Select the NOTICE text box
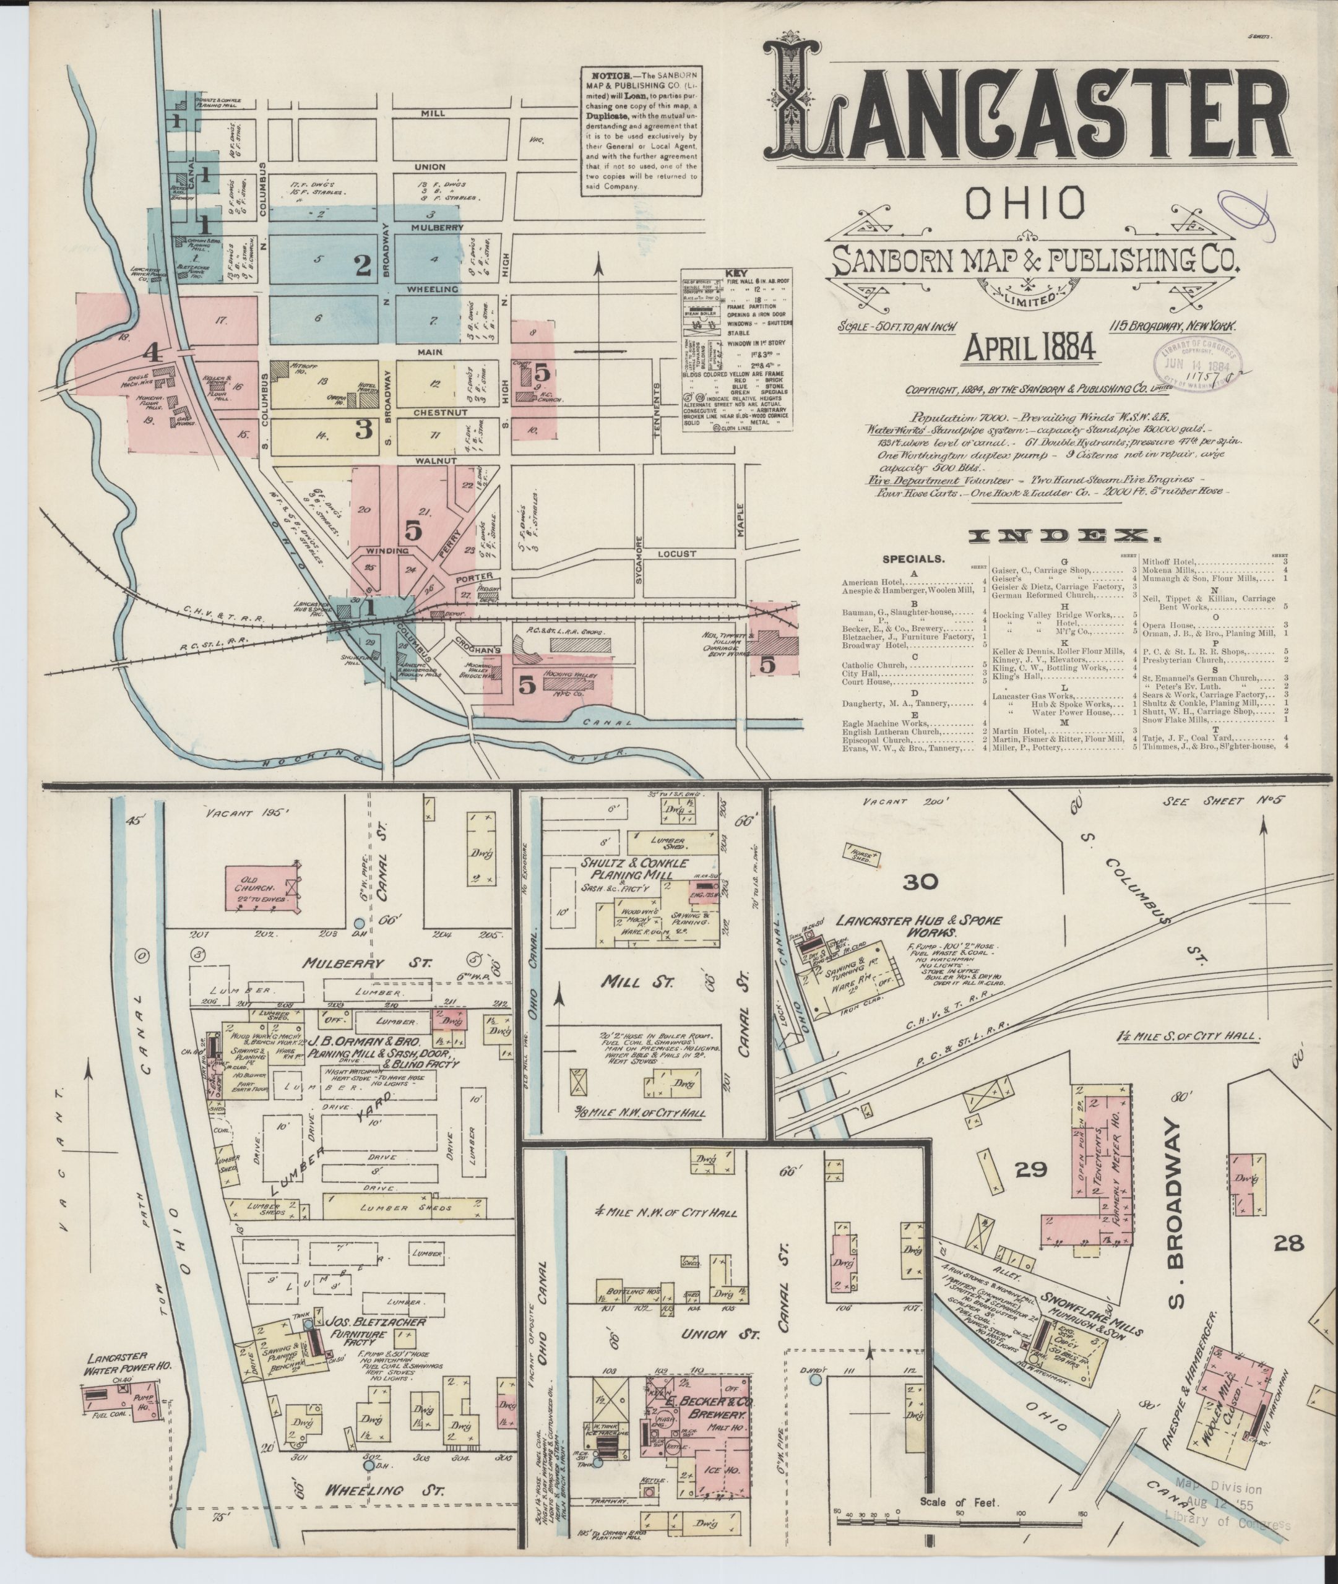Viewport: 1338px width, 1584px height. [642, 131]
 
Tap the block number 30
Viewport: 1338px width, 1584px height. [921, 882]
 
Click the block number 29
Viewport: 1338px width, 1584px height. [1031, 1169]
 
